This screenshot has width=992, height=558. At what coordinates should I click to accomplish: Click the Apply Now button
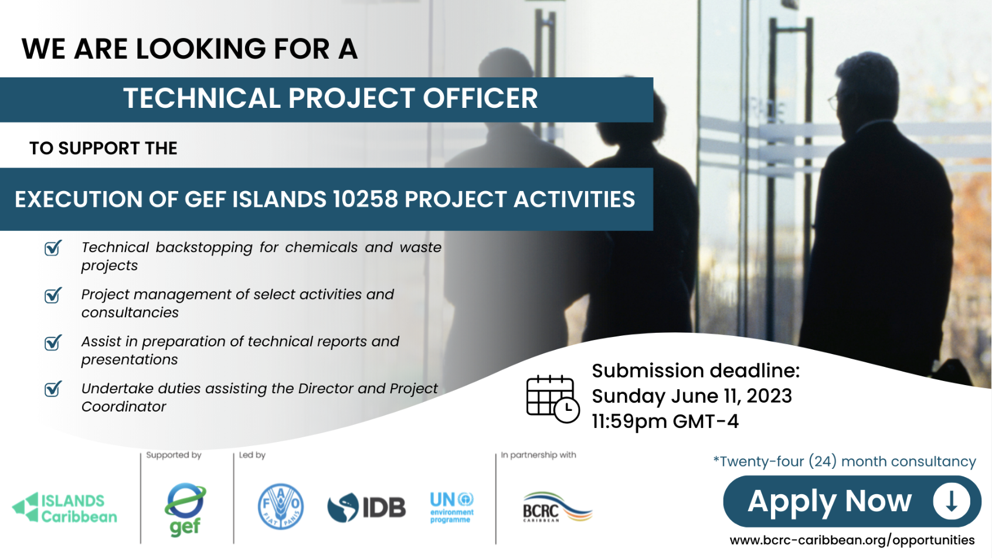(x=852, y=501)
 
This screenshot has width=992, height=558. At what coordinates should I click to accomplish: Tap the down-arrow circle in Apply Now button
(x=952, y=501)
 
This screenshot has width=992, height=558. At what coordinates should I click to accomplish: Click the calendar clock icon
(x=553, y=399)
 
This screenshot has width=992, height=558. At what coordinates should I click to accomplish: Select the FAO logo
(x=281, y=506)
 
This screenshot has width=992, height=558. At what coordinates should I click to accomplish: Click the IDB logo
(x=366, y=507)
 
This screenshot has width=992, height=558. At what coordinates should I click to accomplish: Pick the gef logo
(x=185, y=509)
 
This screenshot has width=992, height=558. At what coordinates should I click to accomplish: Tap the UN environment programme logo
(x=451, y=508)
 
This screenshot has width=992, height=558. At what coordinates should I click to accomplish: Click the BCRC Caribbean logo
(x=558, y=507)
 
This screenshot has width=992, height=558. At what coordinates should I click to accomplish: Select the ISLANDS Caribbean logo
(x=64, y=508)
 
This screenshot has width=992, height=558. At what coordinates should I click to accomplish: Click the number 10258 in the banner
(x=365, y=199)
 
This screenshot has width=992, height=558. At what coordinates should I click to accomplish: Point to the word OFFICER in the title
(x=480, y=98)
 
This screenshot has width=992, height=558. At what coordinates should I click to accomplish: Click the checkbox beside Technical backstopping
(x=53, y=248)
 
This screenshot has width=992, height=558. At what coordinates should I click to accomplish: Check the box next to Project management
(x=53, y=295)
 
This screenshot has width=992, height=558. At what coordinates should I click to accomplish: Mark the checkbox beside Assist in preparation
(x=53, y=342)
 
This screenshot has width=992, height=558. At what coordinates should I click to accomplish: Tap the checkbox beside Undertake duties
(x=53, y=389)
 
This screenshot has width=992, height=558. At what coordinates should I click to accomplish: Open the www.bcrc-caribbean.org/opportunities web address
(x=852, y=540)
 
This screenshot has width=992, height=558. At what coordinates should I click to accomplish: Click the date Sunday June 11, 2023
(x=692, y=396)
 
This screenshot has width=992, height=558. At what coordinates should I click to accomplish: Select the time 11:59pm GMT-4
(x=665, y=421)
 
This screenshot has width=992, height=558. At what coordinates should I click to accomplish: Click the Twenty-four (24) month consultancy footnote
(x=844, y=461)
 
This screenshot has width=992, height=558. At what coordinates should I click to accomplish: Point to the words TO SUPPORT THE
(x=103, y=148)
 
